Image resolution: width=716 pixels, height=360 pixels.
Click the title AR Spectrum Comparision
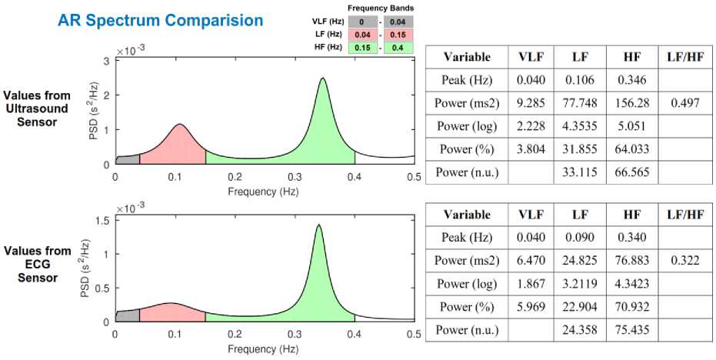(x=160, y=21)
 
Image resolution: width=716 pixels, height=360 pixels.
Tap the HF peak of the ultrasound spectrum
(x=323, y=78)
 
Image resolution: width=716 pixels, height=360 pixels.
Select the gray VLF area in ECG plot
(x=128, y=315)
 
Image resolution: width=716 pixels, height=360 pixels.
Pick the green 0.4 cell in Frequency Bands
(x=397, y=48)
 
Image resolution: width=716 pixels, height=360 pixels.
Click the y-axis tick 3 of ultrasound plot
(x=106, y=60)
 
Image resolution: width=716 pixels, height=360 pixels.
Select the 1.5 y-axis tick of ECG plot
(x=103, y=221)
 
